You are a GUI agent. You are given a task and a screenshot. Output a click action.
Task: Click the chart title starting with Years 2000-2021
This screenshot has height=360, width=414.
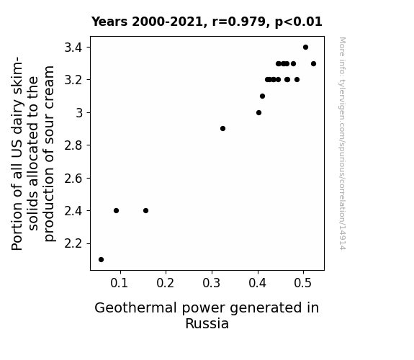coord(207,22)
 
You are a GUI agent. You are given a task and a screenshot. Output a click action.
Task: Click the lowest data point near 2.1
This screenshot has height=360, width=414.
coord(101,260)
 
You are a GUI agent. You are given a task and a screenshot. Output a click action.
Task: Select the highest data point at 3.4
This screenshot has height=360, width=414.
coord(305,48)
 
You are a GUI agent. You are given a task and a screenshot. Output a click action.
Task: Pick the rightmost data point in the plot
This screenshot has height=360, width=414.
coord(313,63)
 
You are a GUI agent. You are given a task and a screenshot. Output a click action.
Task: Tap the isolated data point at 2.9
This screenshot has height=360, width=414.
coord(222,129)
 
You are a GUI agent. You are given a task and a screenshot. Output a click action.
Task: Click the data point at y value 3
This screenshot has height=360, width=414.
coord(258,113)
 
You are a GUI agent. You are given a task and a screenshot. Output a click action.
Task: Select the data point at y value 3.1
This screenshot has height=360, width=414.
coord(262,96)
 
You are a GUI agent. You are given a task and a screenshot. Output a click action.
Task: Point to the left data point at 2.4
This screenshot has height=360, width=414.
coord(116,210)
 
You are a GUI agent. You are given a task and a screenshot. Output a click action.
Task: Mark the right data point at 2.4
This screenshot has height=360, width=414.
coord(145,210)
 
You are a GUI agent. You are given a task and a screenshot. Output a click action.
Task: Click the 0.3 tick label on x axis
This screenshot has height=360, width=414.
coord(212,283)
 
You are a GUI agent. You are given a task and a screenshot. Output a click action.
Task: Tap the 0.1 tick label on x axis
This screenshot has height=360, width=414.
coord(120,283)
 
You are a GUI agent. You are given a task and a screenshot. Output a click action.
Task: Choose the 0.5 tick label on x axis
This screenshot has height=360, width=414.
coord(303,283)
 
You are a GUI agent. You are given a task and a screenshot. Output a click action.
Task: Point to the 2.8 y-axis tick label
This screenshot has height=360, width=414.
coord(73,145)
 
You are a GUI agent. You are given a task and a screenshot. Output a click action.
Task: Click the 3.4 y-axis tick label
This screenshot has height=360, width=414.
coord(73,48)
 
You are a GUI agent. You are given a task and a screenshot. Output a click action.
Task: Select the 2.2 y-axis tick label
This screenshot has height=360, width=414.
coord(73,243)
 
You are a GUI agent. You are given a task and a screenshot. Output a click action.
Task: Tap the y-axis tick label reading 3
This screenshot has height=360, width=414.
coord(79,113)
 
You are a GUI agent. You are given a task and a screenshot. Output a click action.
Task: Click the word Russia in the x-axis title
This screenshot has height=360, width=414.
coord(207,323)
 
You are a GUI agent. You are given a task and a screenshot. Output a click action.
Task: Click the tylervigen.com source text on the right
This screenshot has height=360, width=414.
coord(343,143)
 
